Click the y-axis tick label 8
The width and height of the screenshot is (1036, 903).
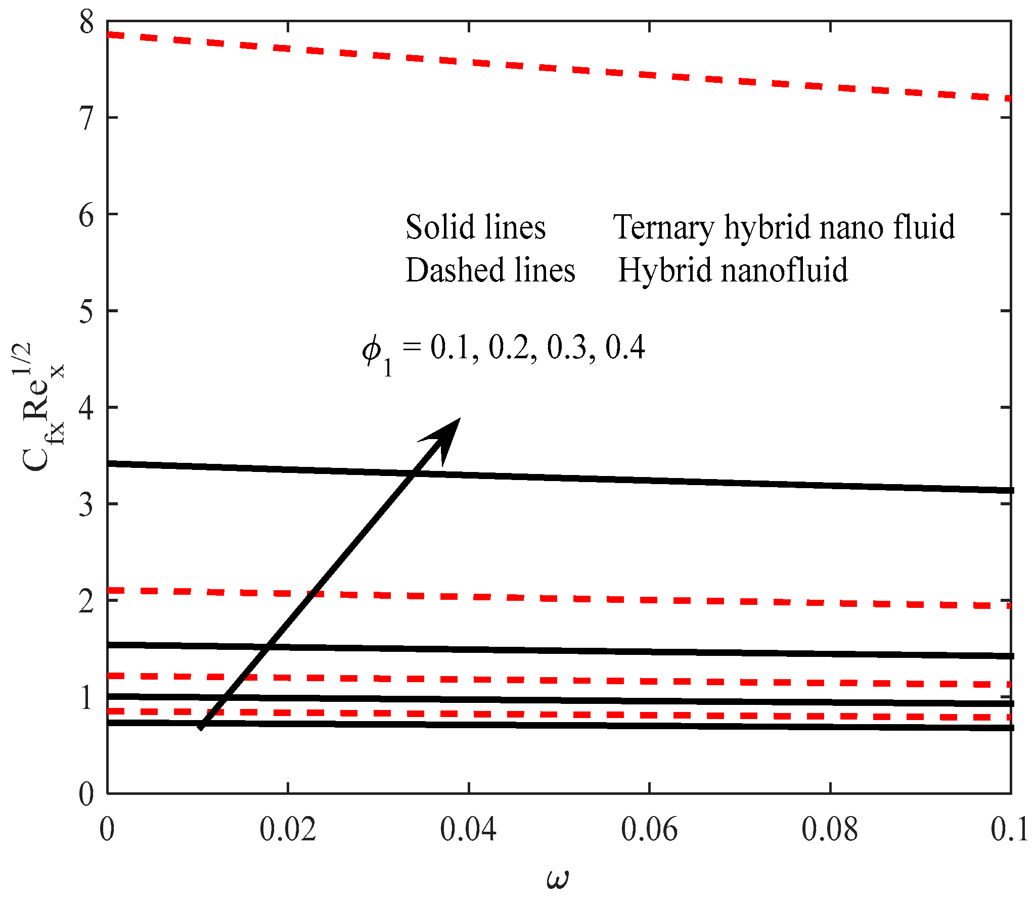pos(86,23)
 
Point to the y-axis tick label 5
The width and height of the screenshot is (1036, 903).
pos(86,312)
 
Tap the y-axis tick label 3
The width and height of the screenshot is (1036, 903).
pos(86,505)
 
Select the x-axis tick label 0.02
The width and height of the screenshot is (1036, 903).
pos(288,830)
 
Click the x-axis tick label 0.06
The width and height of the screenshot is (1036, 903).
pos(649,830)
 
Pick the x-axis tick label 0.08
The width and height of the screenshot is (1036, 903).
pos(830,830)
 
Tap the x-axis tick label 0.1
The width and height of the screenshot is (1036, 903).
pos(1009,830)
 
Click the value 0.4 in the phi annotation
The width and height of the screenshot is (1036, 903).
pos(625,347)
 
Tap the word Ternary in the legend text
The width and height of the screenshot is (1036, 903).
pos(663,227)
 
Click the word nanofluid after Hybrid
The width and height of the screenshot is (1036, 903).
pos(784,270)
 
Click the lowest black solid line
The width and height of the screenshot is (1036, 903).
pos(556,726)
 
